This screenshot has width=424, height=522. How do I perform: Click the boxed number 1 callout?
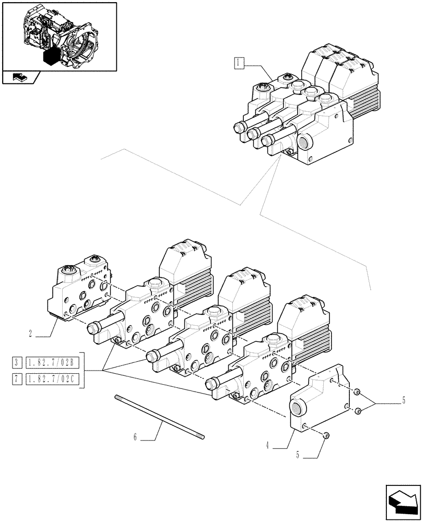[x=238, y=64]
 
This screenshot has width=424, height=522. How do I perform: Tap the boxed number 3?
[x=18, y=362]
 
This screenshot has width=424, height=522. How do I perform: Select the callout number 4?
[x=267, y=445]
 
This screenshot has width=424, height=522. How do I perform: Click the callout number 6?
[x=135, y=437]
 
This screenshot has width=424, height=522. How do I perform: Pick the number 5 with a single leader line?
[x=298, y=455]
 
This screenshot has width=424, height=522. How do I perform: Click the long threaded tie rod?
[x=159, y=417]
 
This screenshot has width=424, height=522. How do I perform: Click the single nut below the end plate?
[x=325, y=435]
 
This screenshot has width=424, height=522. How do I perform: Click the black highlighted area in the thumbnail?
[x=51, y=56]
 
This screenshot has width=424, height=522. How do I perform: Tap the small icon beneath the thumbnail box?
[x=19, y=78]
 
